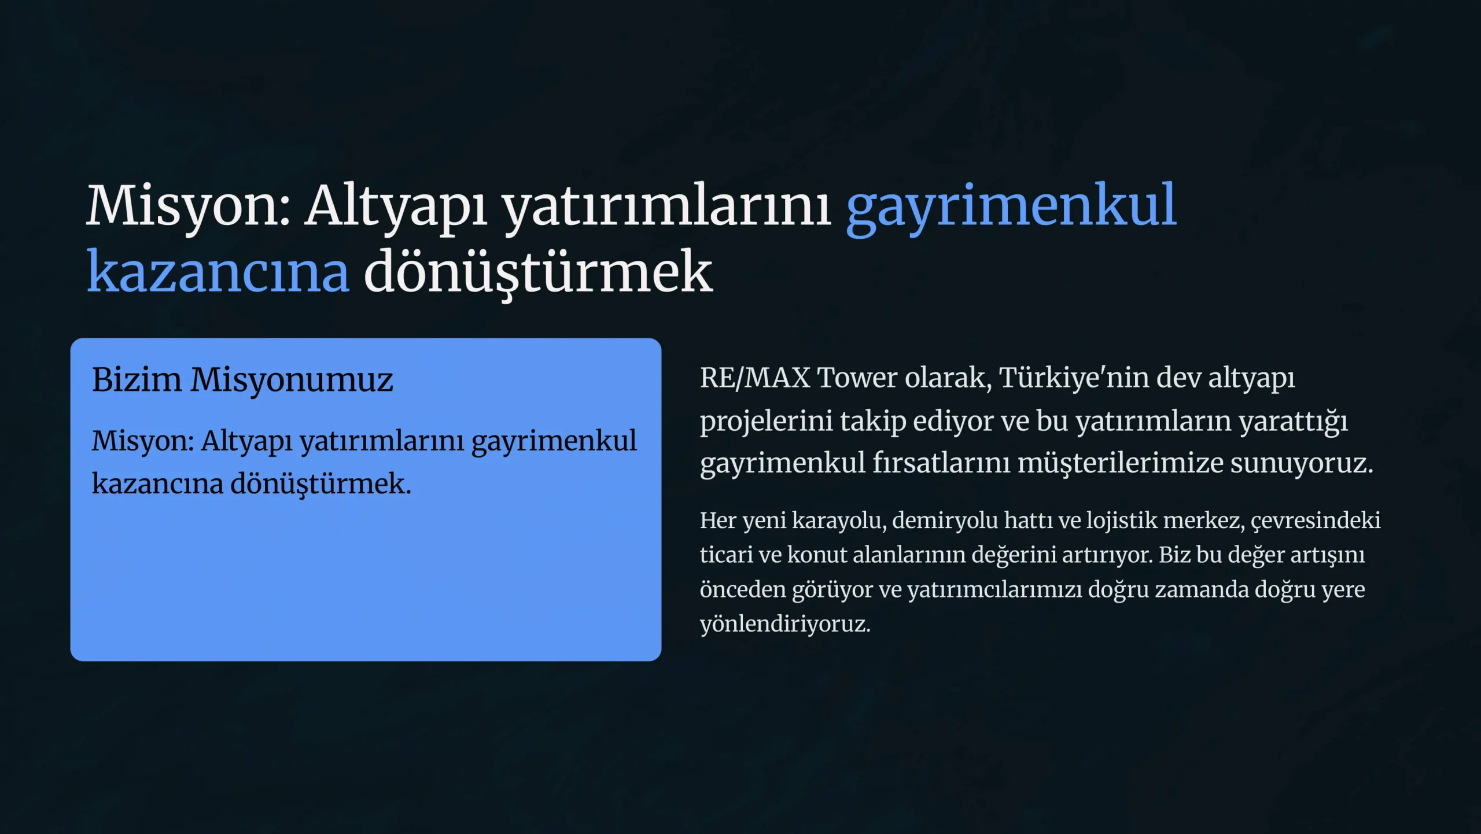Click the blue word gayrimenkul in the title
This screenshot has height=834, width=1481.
(1011, 208)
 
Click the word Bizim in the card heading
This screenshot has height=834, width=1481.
(137, 380)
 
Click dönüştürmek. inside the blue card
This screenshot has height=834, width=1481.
(321, 484)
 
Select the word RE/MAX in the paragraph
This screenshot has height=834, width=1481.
(755, 378)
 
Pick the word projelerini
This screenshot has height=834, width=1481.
(767, 422)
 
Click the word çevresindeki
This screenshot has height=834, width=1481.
(1316, 521)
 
